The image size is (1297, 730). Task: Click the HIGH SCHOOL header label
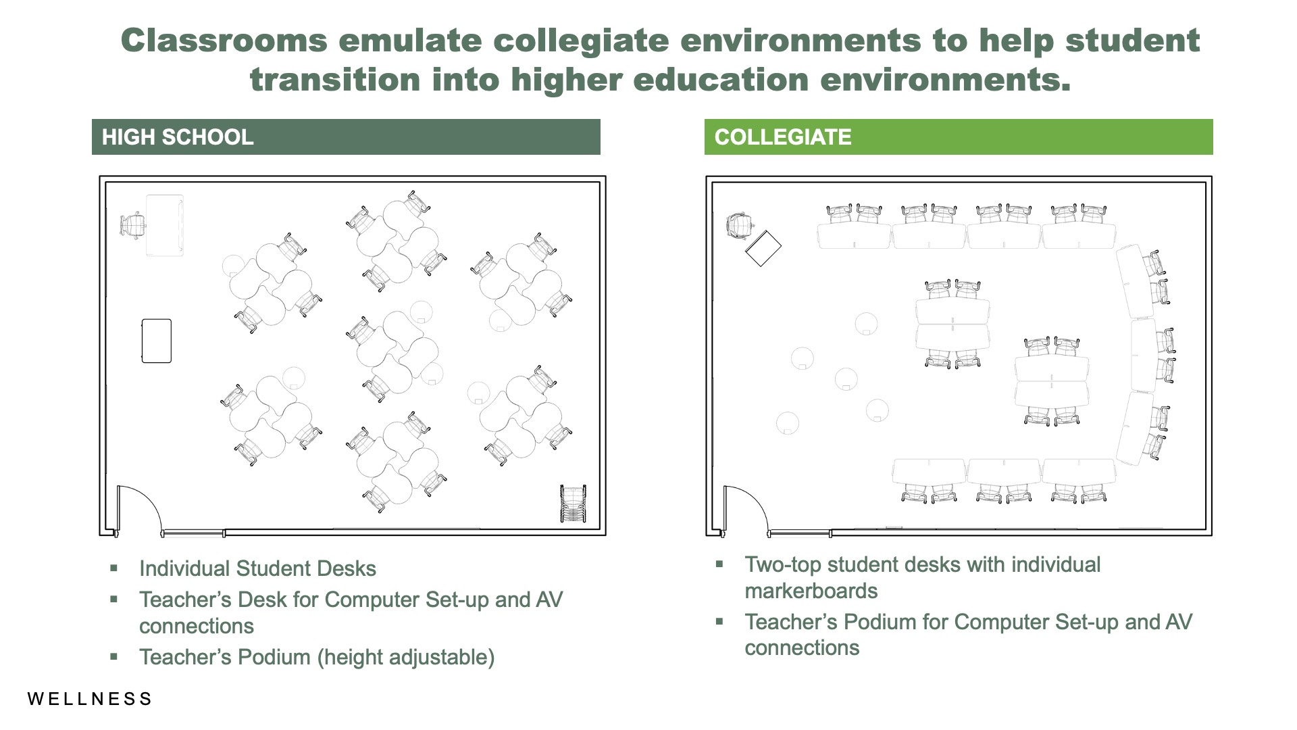pos(178,137)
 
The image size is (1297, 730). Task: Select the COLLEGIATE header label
pos(783,137)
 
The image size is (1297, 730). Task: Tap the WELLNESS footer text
pos(90,699)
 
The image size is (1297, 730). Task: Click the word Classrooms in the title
pos(224,41)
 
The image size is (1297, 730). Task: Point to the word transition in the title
pos(335,80)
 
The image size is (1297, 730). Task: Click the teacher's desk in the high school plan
pos(165,226)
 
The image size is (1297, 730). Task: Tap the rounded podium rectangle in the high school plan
pos(157,341)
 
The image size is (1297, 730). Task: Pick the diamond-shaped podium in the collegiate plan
pos(763,248)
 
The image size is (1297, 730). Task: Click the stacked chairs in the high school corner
pos(574,504)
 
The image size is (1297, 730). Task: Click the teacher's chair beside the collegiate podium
pos(740,225)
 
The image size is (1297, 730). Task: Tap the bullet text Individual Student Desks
pos(257,568)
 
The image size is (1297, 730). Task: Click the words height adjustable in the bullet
pos(406,657)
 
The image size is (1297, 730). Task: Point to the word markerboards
pos(811,591)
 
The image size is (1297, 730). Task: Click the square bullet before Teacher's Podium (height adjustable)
pos(113,656)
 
